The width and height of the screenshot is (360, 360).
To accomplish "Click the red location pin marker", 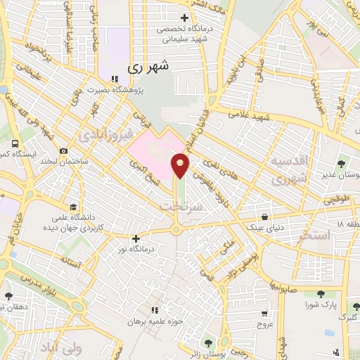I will [x=181, y=165].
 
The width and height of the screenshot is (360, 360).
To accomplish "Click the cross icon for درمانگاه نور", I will [x=136, y=239].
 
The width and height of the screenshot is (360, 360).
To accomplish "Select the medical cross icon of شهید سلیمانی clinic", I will [x=184, y=18].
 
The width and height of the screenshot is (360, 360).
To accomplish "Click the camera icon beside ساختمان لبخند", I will [x=64, y=151].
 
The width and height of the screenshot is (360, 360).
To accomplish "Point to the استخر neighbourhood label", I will [x=314, y=234].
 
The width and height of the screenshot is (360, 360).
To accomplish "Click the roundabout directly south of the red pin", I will [x=176, y=230].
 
